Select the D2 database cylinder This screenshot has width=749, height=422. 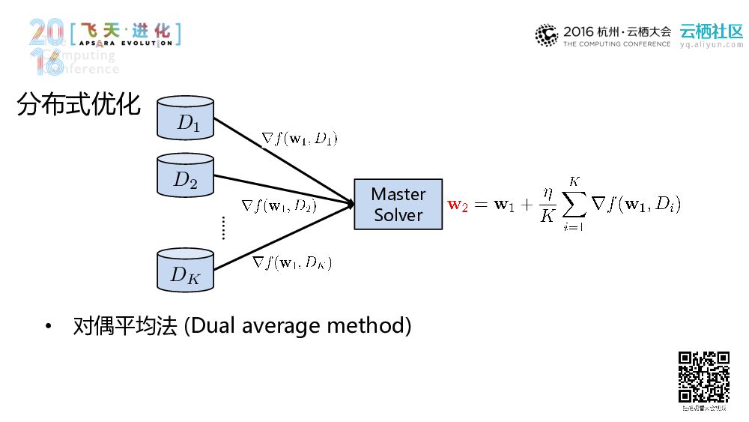point(186,175)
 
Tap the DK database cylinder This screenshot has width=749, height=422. point(186,271)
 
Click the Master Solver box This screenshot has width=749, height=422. point(398,205)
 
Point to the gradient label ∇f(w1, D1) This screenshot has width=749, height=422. point(300,139)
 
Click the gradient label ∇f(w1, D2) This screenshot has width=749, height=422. point(279,205)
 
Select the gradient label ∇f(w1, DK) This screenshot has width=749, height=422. point(292,262)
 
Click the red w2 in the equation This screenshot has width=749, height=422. point(457,205)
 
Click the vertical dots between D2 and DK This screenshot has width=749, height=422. point(223,227)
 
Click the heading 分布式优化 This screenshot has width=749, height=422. point(79,106)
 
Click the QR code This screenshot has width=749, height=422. point(703,377)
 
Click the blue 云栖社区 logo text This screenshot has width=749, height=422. point(711,31)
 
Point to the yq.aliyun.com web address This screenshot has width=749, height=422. point(711,45)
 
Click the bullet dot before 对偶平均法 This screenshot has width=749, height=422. point(49,327)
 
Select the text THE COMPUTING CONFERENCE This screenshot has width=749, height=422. point(616,45)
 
